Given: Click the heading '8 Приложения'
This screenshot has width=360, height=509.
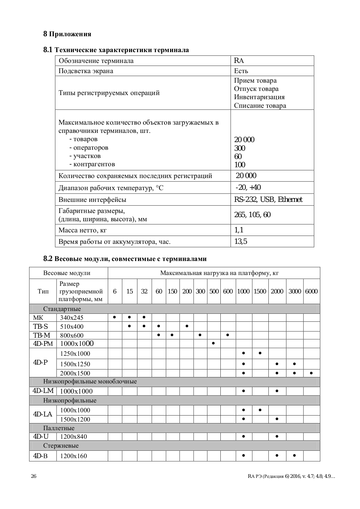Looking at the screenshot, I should (67, 34).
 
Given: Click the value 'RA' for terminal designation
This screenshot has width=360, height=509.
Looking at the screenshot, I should (239, 61).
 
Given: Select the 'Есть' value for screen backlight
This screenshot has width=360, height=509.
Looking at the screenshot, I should (241, 71).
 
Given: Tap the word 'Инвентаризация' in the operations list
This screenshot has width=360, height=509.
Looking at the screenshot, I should (259, 97).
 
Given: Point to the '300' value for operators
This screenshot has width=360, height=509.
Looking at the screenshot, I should (239, 148).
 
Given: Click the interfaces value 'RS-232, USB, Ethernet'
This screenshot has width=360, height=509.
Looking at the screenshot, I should (268, 200).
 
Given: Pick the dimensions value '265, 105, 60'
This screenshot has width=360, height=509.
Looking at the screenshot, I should (252, 215).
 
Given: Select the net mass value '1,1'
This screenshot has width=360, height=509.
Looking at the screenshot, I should (239, 230).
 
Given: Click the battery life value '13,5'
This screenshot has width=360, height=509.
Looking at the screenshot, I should (240, 242).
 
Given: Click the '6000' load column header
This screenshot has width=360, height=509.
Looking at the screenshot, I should (311, 291).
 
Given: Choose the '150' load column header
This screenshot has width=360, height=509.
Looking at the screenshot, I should (172, 291).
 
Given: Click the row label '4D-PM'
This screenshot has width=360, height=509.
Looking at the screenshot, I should (43, 344).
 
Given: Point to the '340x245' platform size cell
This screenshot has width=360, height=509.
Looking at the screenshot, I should (72, 318).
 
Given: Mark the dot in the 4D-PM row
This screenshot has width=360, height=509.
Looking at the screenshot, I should (214, 343).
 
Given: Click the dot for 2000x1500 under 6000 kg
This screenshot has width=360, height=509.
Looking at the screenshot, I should (311, 373).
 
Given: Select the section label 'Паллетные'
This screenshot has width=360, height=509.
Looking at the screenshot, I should (59, 428).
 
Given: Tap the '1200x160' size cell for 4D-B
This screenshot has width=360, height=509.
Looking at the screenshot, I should (73, 456).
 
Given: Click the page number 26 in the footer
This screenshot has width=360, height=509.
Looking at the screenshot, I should (34, 476).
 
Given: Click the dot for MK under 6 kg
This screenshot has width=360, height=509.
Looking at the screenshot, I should (114, 317).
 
